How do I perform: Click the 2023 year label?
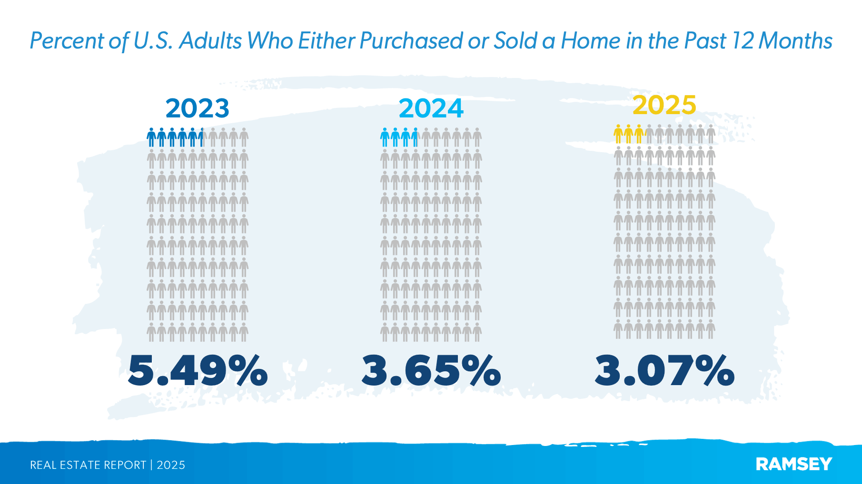197,108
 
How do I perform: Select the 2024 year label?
431,108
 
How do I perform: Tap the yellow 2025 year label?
664,105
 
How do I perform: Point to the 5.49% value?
198,370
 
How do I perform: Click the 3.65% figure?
431,370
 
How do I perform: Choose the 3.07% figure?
664,370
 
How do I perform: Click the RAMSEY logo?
793,464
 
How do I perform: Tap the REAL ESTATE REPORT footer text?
88,465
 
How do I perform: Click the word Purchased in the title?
411,41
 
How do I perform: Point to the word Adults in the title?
211,41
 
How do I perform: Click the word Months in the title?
795,41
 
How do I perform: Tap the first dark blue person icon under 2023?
151,137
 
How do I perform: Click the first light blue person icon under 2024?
385,137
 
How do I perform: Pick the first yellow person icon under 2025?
618,134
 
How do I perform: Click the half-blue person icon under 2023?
202,137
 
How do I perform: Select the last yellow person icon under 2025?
639,134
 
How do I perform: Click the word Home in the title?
590,41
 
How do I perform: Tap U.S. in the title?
153,41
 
